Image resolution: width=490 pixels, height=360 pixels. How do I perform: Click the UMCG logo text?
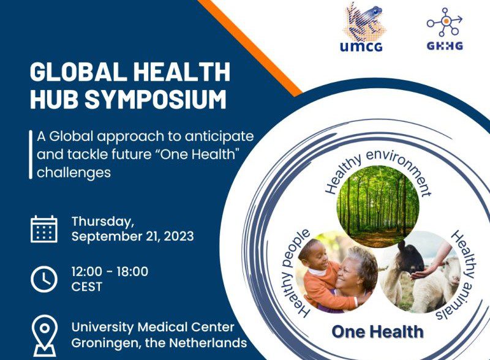pos(361,47)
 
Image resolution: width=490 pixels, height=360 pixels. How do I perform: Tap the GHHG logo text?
pos(445,46)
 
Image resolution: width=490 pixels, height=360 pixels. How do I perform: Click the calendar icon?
pos(44,229)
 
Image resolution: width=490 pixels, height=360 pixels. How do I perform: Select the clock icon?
pos(44,279)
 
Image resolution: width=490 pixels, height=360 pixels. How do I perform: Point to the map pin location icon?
pos(45,336)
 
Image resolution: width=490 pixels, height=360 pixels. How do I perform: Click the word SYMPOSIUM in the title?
pos(156,99)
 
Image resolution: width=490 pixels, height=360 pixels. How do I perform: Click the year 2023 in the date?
pos(179,236)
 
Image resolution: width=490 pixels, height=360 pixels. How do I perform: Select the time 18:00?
pos(132,272)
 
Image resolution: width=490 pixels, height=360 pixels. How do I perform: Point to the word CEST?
pos(87,287)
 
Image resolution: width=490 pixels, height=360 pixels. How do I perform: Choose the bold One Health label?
pos(377,332)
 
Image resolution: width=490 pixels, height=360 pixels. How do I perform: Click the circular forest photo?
pos(378,206)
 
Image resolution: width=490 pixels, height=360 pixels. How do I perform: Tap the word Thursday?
pos(103,222)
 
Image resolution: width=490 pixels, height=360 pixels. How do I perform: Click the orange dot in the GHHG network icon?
pos(447,21)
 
